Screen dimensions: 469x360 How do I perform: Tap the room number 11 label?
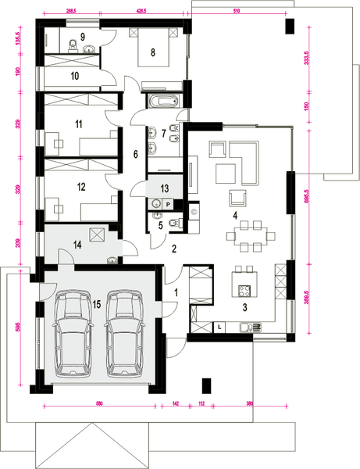[x=78, y=124]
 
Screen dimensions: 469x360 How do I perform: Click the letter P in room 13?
[x=166, y=202]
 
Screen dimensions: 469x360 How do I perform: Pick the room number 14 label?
[x=77, y=245]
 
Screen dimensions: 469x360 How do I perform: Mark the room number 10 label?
[x=75, y=76]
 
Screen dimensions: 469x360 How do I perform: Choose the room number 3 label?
[x=244, y=309]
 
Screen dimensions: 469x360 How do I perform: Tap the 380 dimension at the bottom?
[x=249, y=403]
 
